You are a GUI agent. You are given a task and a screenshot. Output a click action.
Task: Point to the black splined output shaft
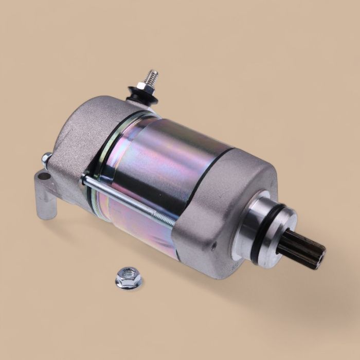(300, 249)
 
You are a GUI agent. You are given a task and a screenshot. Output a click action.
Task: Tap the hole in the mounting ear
(45, 176)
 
